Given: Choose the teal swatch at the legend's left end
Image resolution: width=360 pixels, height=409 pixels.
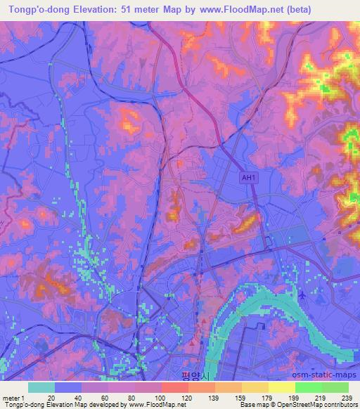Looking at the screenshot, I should pos(41,387).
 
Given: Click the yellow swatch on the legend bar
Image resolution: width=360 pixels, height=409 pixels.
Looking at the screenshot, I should pos(281,387).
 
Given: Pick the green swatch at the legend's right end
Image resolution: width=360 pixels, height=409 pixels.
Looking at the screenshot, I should pos(335,387).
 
